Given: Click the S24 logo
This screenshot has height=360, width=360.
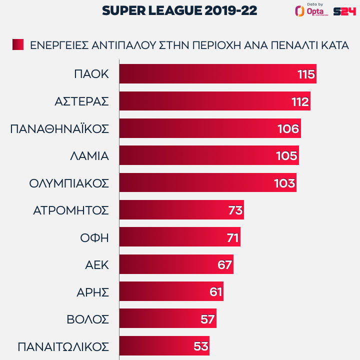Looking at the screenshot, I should pos(344,11).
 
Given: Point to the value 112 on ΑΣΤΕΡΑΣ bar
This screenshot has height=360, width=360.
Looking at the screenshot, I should pos(300,101).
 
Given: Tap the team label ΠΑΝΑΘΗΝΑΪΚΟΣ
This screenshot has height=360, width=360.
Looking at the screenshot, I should pos(59,128).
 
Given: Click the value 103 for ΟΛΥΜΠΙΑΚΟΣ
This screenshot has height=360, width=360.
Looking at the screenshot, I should pos(284,183).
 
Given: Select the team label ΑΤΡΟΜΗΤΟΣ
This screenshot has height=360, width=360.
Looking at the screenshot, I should pos(70,210).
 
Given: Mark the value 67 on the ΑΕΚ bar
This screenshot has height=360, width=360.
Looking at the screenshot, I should pos(224,264).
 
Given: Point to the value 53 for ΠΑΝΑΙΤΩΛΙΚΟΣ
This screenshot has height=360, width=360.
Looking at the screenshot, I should pos(200,346).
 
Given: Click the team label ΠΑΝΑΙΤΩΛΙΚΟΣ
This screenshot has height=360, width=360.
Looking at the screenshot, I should pos(63,346).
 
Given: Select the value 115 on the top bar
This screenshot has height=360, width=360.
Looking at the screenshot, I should pos(305,74).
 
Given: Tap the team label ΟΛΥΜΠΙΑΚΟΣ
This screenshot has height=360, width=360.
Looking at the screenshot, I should pos(69,183).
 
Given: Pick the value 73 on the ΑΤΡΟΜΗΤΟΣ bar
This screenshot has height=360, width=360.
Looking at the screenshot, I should pos(235,210).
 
